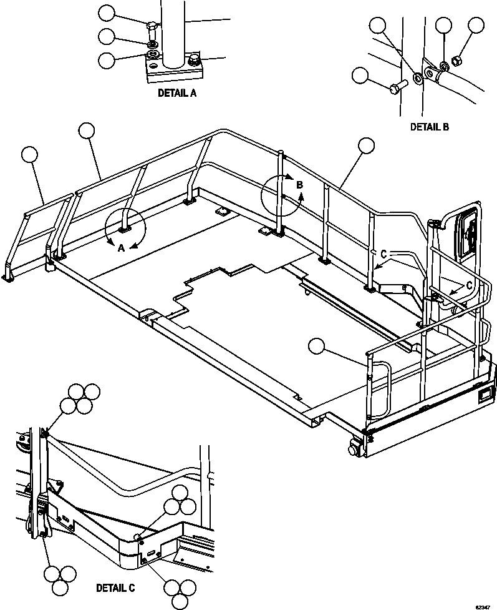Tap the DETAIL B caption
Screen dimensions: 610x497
429,126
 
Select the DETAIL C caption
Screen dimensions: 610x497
115,588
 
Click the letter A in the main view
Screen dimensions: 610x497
121,247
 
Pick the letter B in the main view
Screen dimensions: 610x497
299,185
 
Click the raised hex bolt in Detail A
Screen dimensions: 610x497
152,27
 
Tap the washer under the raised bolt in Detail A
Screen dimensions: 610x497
152,46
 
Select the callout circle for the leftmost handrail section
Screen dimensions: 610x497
29,154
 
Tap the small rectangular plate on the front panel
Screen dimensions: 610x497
485,395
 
